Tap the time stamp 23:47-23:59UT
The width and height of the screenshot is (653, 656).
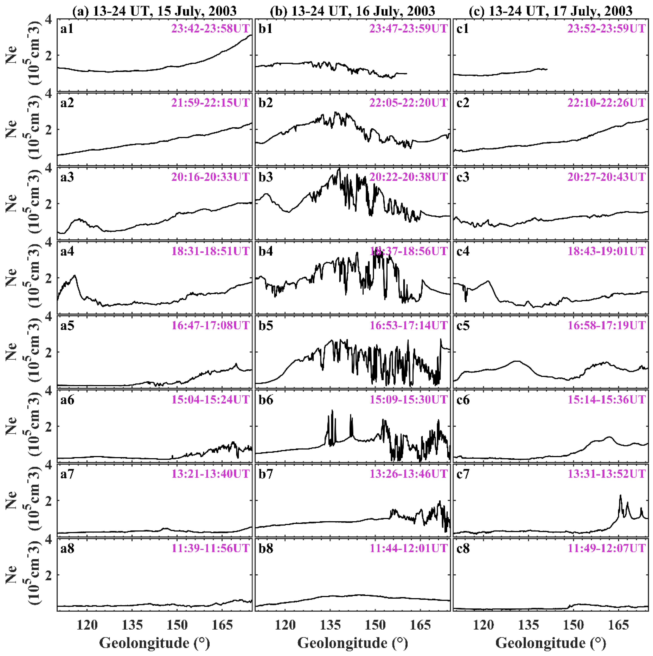[x=408, y=28]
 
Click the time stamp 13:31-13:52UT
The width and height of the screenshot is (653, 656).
[x=606, y=474]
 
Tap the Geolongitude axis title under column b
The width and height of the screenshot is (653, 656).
[x=353, y=643]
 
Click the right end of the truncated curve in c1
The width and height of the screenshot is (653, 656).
[x=547, y=69]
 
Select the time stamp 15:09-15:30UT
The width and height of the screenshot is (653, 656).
[x=408, y=400]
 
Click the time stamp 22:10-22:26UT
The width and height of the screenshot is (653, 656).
[x=606, y=103]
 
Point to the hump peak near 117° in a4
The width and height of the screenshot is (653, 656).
[x=74, y=276]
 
